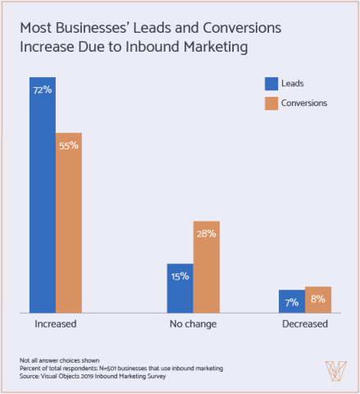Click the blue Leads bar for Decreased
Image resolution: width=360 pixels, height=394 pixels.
(x=291, y=301)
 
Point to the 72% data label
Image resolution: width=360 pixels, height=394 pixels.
(x=43, y=89)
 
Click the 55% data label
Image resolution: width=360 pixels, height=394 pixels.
(x=69, y=145)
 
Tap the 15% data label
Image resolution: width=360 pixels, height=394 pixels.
(x=180, y=277)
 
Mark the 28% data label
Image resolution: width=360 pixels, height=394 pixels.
(x=206, y=234)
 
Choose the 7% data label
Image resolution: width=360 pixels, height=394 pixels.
(x=291, y=302)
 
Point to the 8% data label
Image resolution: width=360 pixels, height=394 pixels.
(x=317, y=300)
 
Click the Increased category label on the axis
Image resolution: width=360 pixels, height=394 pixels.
(x=56, y=324)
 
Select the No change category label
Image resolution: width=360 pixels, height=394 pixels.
(x=193, y=324)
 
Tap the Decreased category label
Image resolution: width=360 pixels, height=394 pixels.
(x=304, y=324)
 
